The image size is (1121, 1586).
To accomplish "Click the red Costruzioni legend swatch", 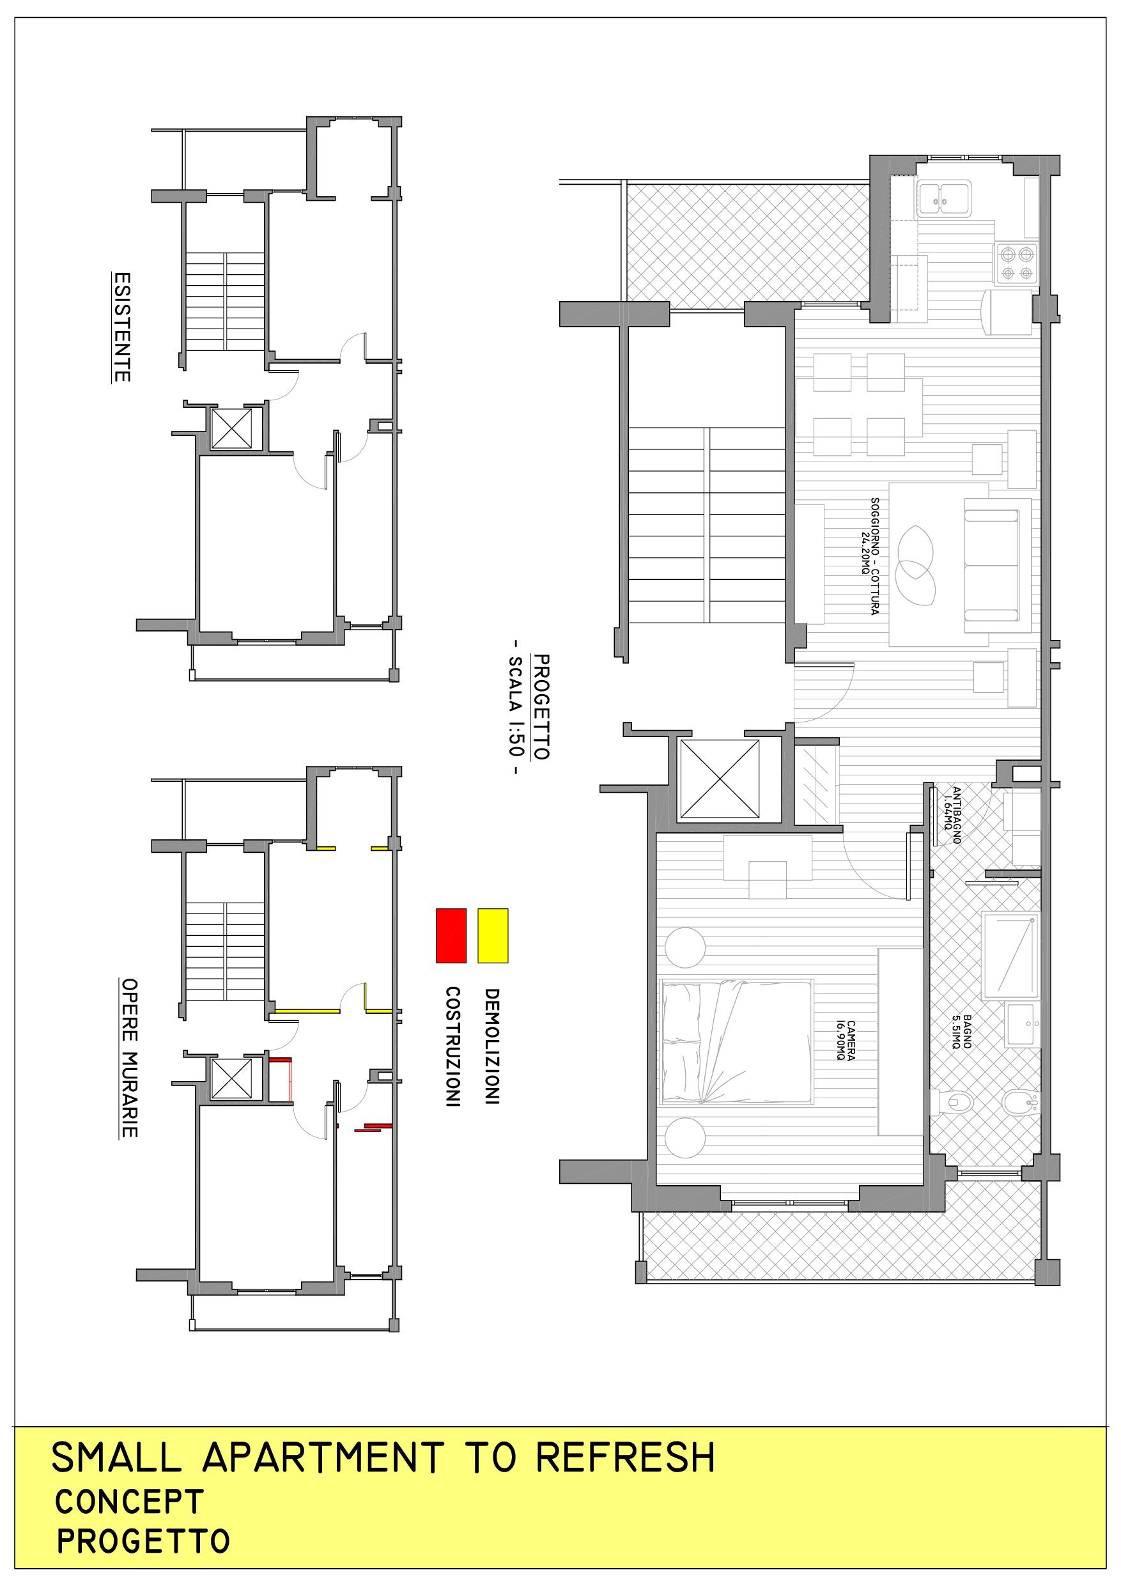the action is [x=451, y=935].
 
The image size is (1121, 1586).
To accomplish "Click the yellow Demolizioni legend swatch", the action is [x=493, y=935].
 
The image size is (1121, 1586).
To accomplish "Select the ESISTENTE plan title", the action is [x=121, y=327].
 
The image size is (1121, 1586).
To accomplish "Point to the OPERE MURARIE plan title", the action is [x=129, y=1057].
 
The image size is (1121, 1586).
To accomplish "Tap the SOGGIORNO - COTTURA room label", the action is [x=870, y=556].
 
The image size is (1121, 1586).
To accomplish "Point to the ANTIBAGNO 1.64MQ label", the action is [x=952, y=815].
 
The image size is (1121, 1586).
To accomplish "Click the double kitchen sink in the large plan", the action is [x=944, y=199].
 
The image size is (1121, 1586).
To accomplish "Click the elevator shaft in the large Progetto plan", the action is [x=720, y=779].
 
